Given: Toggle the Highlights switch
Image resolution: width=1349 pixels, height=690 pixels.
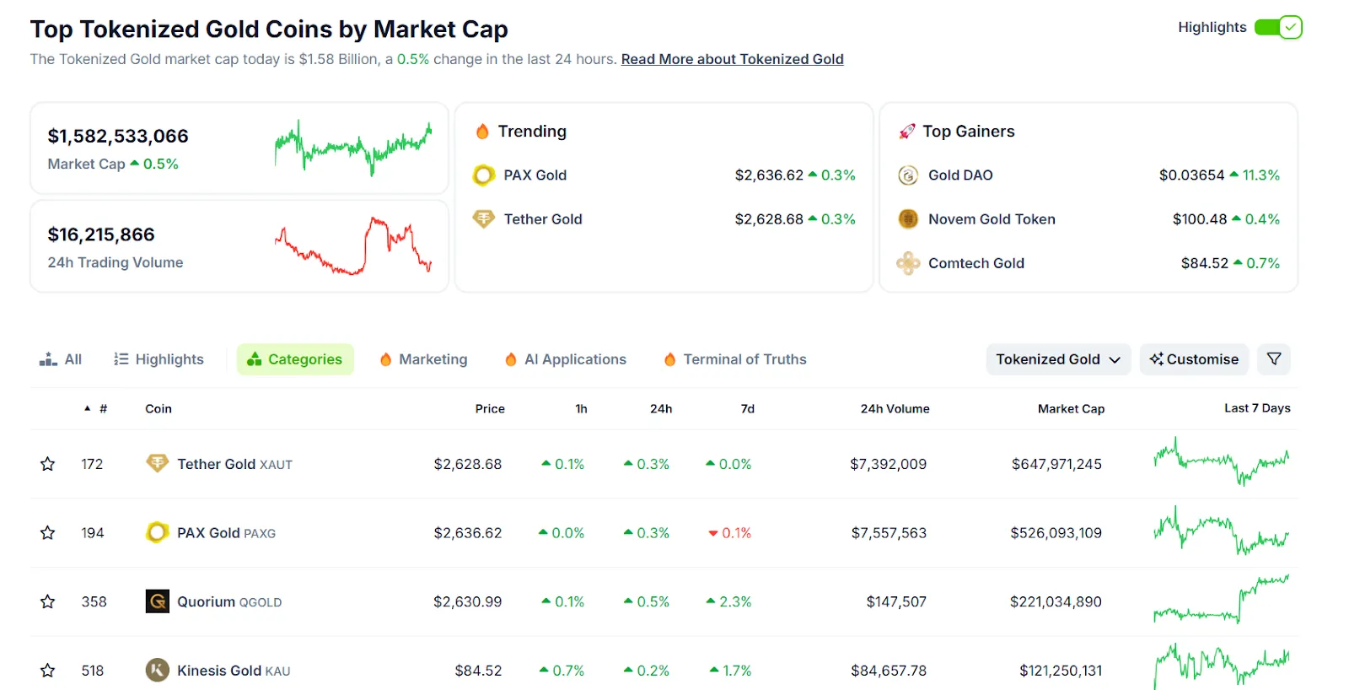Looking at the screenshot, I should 1278,27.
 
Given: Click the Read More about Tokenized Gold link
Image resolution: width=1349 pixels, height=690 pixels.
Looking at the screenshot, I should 732,59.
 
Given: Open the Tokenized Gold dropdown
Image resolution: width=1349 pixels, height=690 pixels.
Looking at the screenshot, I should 1057,359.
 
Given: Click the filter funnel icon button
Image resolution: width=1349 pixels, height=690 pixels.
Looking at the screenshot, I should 1273,359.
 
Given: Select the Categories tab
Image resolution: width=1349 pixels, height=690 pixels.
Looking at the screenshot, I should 295,359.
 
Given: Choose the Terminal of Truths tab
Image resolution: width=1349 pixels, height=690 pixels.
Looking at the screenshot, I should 735,359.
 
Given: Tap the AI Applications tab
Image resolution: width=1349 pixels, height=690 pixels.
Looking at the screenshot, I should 566,359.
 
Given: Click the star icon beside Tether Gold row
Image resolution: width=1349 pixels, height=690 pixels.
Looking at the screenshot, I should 48,464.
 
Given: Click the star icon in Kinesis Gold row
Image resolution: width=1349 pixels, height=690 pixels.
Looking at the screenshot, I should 48,671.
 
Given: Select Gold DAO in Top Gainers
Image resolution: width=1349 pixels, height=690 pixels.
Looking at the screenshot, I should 960,175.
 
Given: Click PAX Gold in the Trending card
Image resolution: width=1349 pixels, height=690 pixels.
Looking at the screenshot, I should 535,175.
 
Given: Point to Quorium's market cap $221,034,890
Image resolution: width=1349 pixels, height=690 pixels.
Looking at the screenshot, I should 1056,601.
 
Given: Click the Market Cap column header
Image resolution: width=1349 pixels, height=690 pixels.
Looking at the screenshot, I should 1071,408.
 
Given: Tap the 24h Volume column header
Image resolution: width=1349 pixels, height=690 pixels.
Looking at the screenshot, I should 895,408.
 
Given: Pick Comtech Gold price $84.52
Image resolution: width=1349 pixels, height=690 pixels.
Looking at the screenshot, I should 1204,263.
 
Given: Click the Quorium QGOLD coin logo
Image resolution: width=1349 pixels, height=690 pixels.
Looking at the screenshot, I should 158,601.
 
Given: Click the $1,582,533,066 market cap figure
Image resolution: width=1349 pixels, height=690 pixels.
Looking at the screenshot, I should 118,136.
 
